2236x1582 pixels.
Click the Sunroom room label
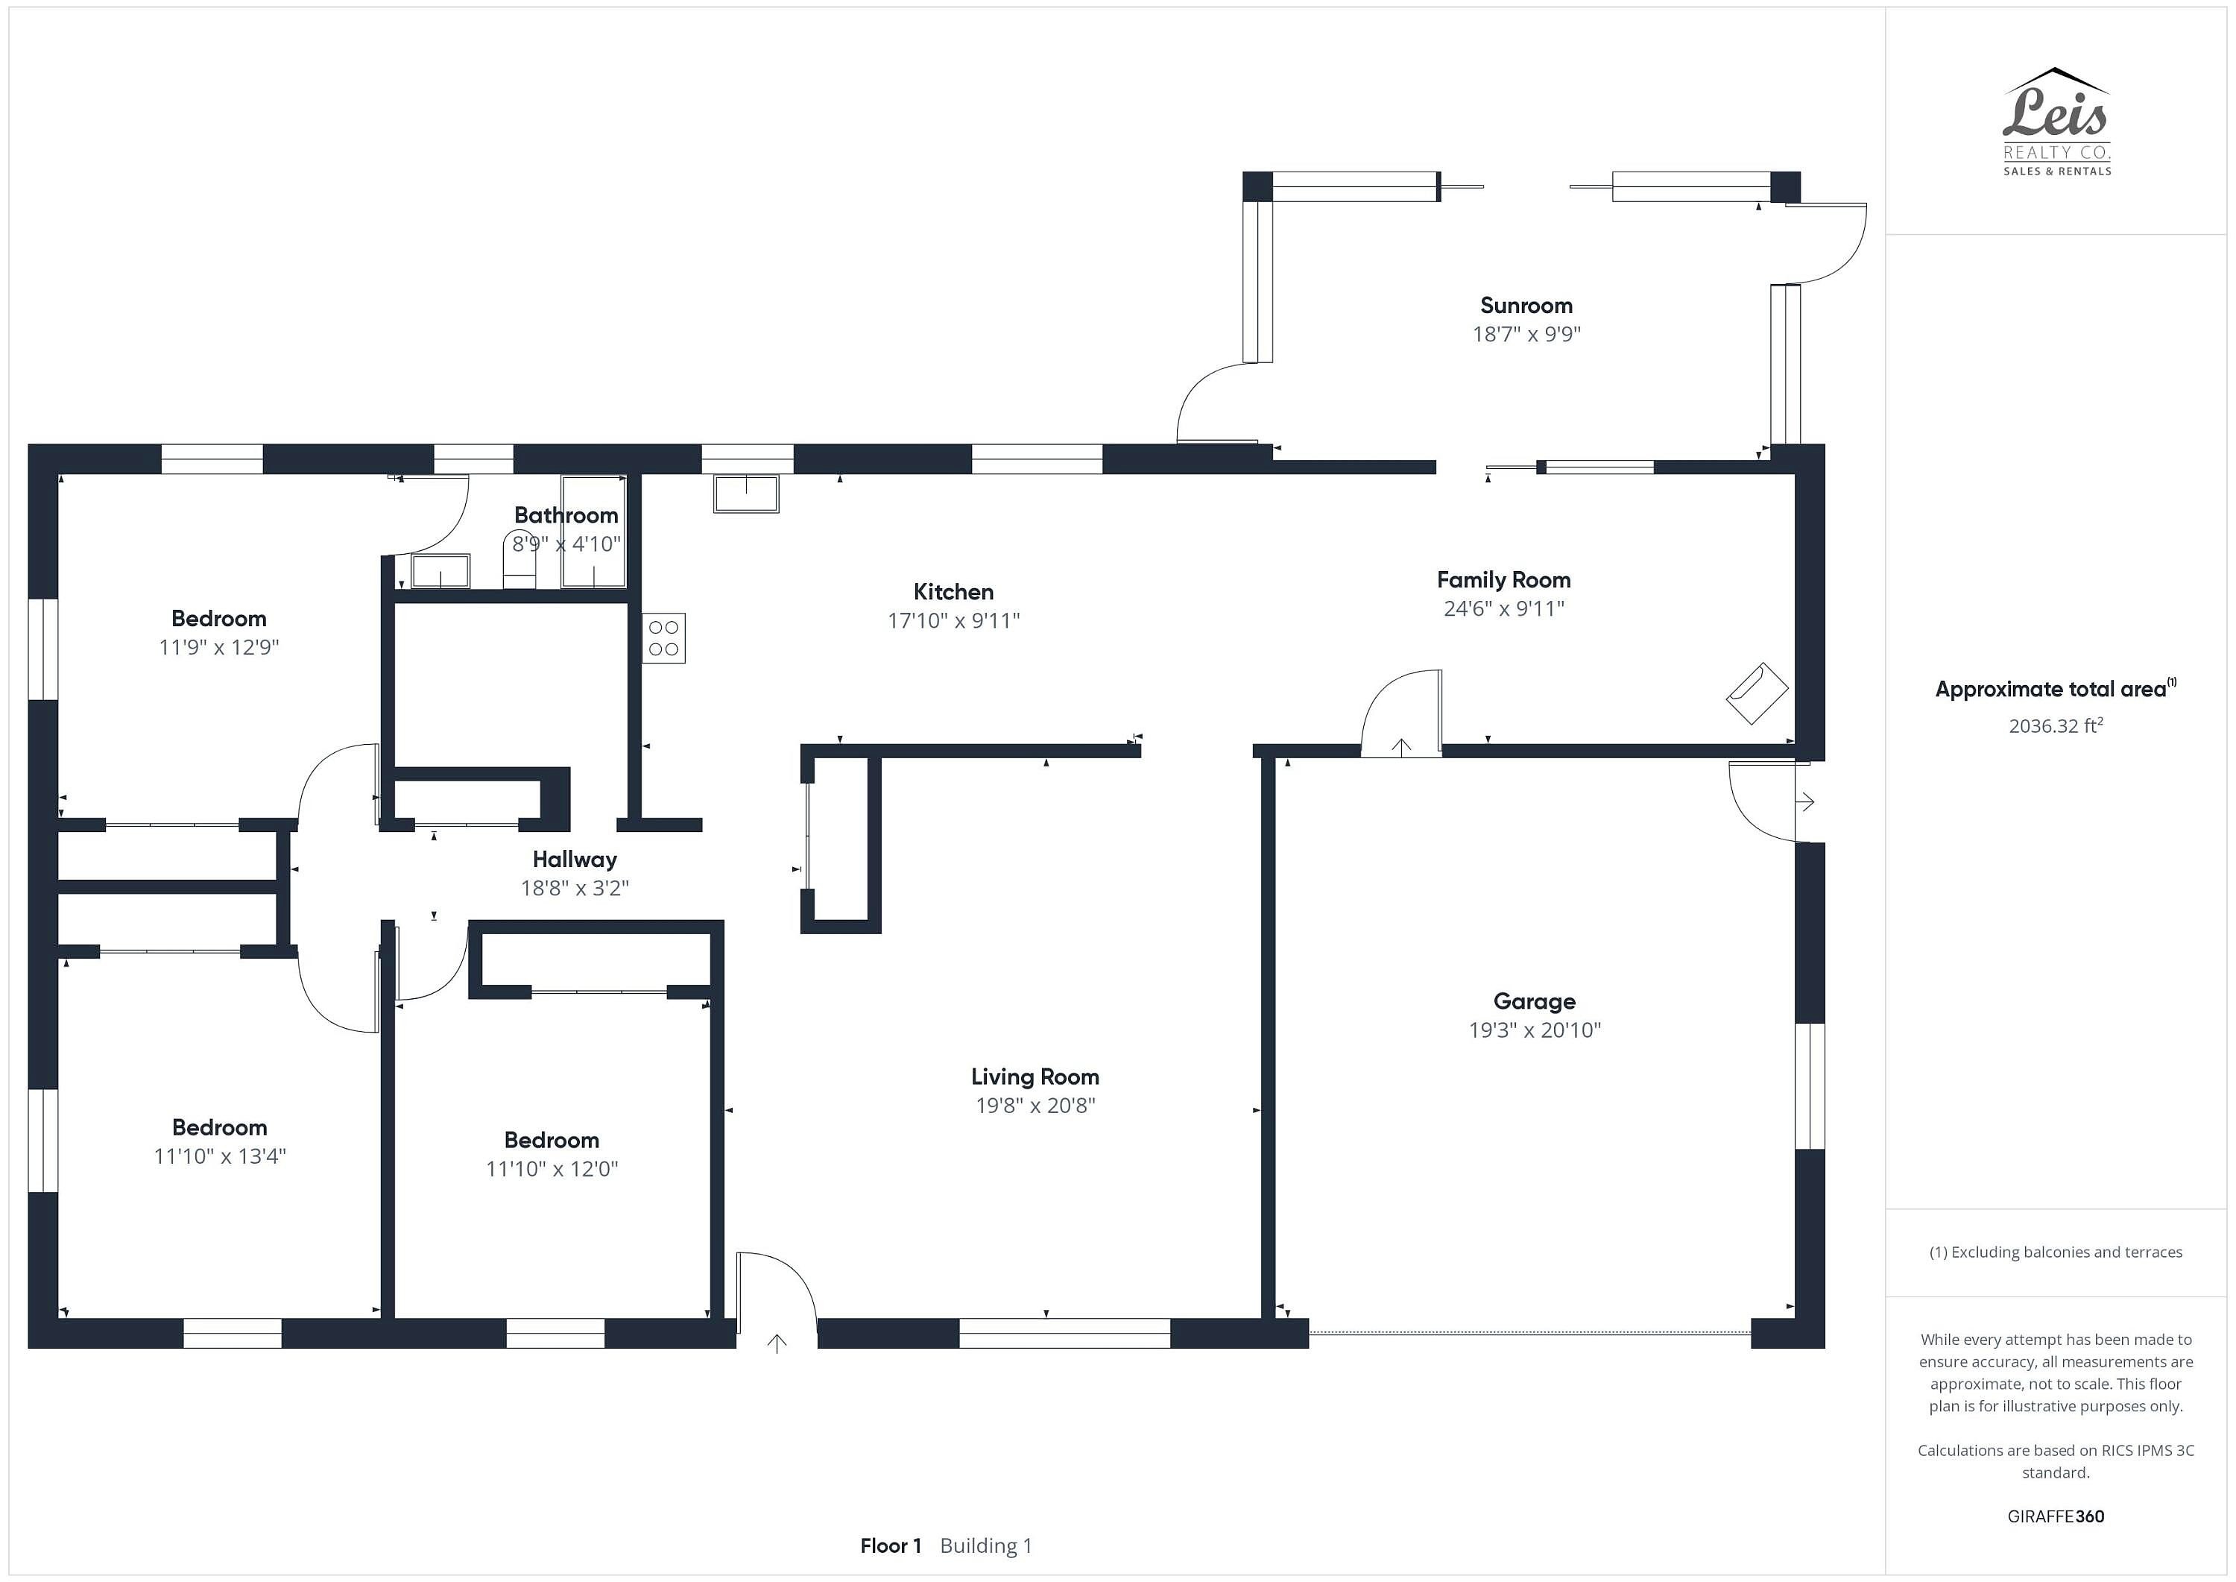1526,306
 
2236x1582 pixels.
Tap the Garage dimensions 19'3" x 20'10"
1535,1030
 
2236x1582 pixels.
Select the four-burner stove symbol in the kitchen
663,638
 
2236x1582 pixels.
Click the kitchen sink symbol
746,493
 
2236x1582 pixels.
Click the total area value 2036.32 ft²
2056,725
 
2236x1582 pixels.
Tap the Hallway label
575,859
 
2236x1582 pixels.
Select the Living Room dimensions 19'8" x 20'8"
1035,1105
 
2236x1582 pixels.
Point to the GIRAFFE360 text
2056,1516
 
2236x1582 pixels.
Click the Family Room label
1503,581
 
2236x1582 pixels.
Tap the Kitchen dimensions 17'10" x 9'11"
953,620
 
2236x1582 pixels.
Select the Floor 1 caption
890,1546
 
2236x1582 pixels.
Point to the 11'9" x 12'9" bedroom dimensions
219,647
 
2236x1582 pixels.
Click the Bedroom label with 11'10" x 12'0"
552,1140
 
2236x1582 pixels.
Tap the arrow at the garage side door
1804,803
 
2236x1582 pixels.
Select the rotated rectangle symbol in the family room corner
1757,693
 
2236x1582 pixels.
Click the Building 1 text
985,1546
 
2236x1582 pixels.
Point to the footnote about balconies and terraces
2056,1252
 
